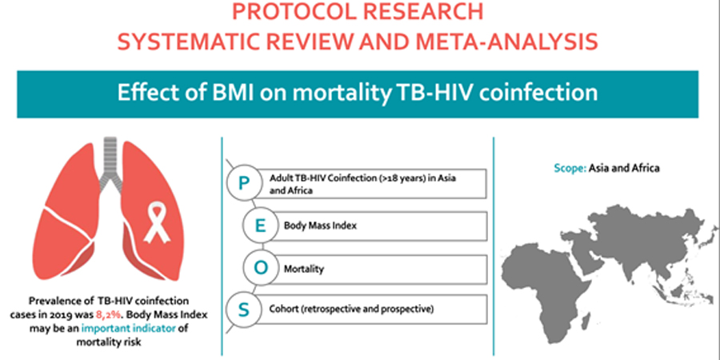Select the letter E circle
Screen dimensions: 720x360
260,226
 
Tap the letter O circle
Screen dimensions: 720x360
260,268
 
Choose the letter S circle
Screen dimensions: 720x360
244,310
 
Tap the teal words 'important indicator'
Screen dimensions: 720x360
129,328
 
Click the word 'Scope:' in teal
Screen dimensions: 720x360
570,168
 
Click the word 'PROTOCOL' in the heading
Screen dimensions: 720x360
294,12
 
